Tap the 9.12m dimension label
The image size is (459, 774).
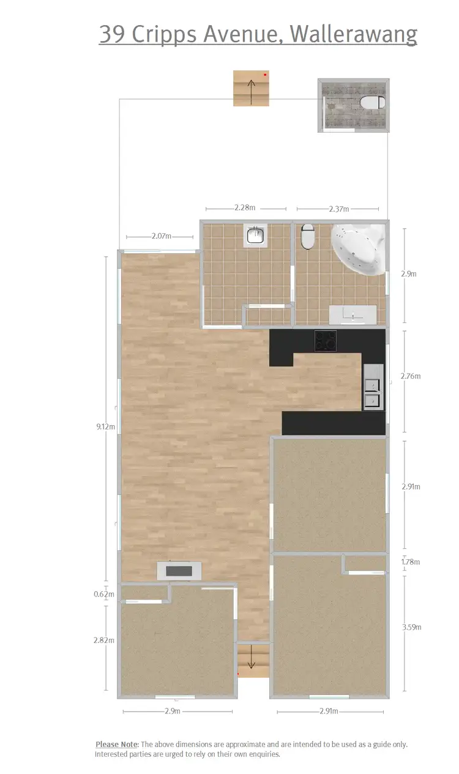[x=106, y=426]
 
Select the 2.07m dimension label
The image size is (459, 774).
[x=162, y=236]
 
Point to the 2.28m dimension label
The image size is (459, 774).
[x=244, y=208]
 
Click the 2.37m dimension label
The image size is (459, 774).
[x=338, y=209]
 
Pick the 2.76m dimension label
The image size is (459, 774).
[x=411, y=376]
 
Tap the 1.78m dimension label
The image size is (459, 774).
[x=411, y=562]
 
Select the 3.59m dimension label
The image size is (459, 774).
[x=411, y=627]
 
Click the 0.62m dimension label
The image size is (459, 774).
[x=105, y=594]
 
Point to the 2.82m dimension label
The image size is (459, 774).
[x=105, y=640]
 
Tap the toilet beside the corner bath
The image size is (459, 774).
[x=307, y=236]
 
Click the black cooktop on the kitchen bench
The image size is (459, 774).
[x=325, y=341]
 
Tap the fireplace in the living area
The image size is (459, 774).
[x=179, y=571]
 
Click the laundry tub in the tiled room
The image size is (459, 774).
[x=255, y=235]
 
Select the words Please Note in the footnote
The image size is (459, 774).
[x=116, y=744]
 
